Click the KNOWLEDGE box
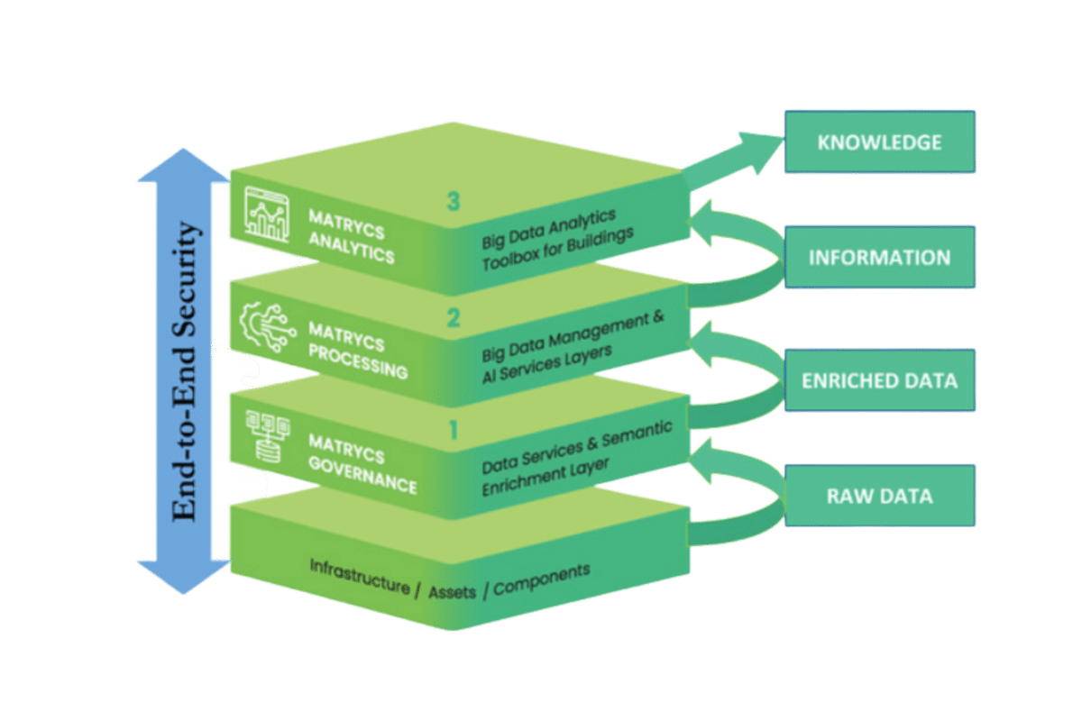(879, 142)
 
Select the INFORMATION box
(879, 257)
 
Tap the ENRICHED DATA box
(879, 380)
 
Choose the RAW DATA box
(879, 496)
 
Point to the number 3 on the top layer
(453, 202)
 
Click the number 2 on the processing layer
(453, 317)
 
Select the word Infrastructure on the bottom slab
(359, 574)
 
